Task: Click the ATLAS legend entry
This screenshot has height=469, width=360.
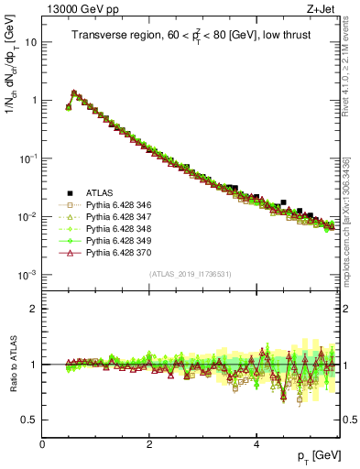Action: (x=100, y=192)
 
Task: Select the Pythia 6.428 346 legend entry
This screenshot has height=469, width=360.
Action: (x=117, y=204)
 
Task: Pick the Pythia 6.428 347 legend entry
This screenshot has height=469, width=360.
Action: (x=117, y=216)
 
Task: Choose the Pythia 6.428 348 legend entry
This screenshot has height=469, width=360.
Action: (x=117, y=228)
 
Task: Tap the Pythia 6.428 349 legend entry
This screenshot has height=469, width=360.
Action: (x=117, y=240)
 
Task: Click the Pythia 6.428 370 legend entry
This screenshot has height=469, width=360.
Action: (x=117, y=252)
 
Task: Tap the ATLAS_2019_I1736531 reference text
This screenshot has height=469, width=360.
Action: (x=190, y=275)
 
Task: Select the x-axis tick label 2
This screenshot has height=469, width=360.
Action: (x=149, y=443)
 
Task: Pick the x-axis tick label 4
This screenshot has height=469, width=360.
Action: (x=256, y=443)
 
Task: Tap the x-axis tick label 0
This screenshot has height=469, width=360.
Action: (x=42, y=443)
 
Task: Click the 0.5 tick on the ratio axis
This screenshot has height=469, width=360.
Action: (x=30, y=420)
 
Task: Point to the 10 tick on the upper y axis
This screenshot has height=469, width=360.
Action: (x=31, y=42)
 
